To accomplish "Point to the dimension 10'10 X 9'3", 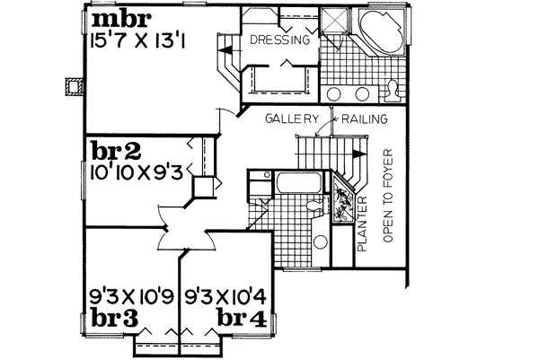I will coord(135,171).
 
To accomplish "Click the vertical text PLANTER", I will coord(366,224).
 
